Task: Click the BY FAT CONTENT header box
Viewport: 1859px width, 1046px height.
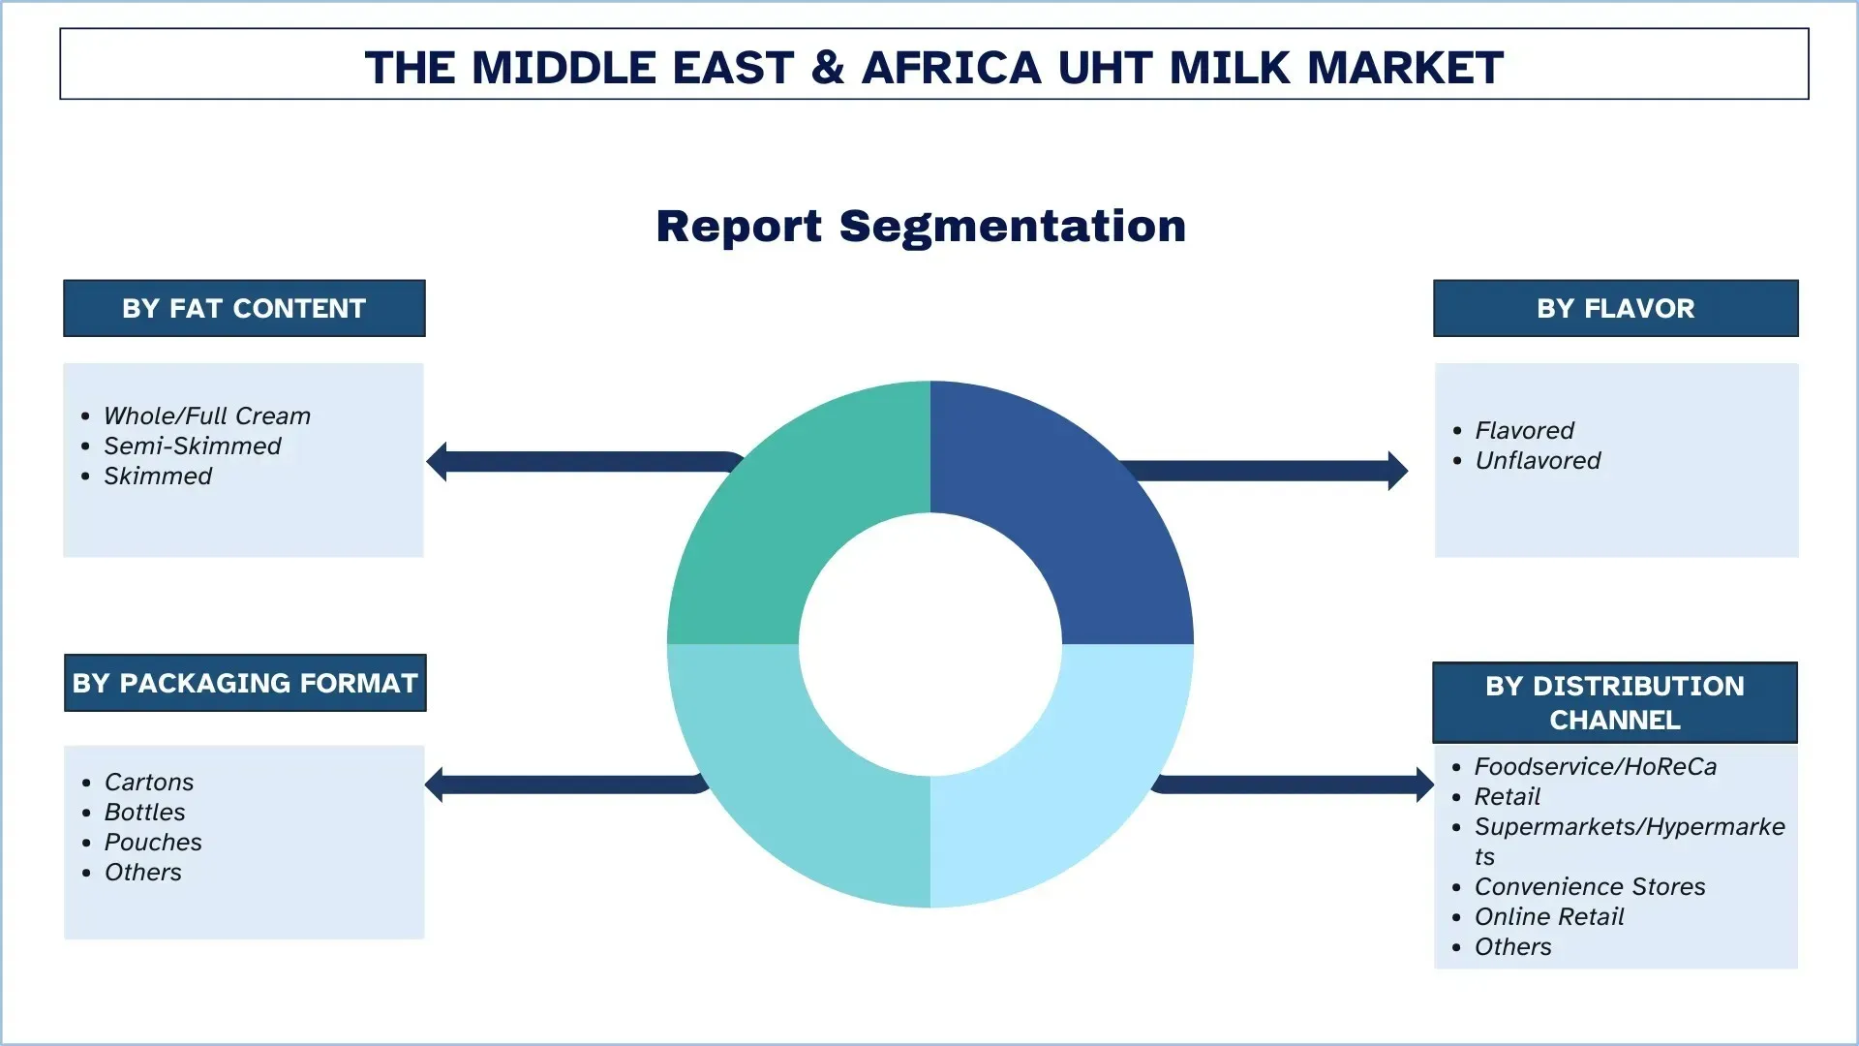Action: tap(244, 308)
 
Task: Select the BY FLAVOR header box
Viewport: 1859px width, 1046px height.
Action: tap(1615, 308)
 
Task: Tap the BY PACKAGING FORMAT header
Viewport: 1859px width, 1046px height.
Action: tap(245, 683)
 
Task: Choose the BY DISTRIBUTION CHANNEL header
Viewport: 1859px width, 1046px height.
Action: tap(1614, 702)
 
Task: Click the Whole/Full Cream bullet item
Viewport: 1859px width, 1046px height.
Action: tap(206, 415)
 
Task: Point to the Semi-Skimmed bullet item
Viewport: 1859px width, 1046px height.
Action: tap(192, 446)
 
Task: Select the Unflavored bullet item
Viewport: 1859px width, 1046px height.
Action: tap(1537, 460)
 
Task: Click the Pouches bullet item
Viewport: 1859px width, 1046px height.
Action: tap(153, 842)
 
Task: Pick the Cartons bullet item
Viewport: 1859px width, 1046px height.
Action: tap(148, 782)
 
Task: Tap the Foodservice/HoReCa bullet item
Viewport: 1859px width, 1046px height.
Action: tap(1595, 766)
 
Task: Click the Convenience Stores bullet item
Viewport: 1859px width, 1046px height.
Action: tap(1589, 886)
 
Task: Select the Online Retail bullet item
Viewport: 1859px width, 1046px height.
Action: tap(1548, 916)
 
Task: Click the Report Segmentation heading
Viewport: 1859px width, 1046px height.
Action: tap(921, 227)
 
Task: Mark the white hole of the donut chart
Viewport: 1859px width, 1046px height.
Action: tap(929, 644)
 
